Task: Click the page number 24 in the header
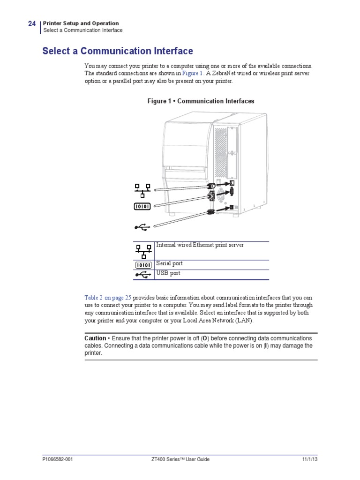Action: coord(32,24)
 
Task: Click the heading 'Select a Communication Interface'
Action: coord(118,51)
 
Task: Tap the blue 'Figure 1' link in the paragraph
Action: coord(193,74)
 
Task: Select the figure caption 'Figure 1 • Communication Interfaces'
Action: coord(201,101)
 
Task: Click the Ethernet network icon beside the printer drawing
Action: coord(142,188)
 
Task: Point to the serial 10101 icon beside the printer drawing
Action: coord(142,206)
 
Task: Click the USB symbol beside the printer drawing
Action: coord(142,227)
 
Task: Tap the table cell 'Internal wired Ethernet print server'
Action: coord(200,245)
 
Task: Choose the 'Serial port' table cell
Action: coord(169,263)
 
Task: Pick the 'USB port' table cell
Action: coord(168,273)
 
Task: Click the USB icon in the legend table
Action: coord(143,275)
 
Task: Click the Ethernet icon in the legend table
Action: coord(143,251)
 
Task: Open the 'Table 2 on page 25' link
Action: coord(108,298)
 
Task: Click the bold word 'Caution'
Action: coord(95,338)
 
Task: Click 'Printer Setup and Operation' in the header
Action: coord(81,23)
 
